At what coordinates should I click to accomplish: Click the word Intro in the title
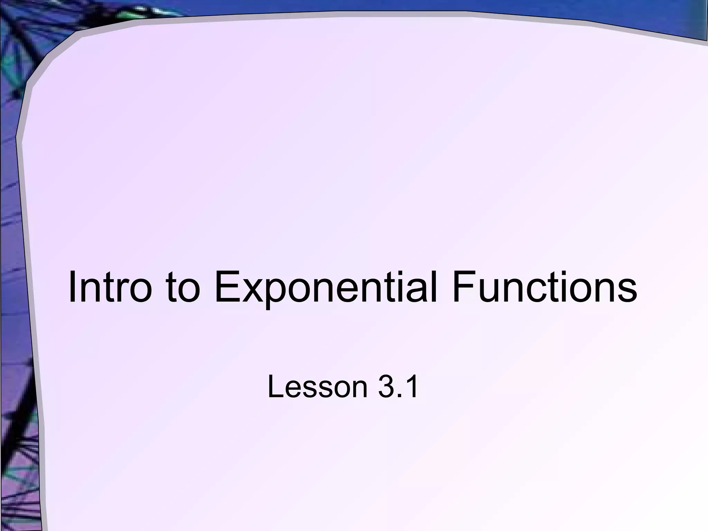[x=110, y=287]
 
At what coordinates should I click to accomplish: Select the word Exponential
[x=325, y=287]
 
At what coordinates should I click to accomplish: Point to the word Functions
[x=544, y=287]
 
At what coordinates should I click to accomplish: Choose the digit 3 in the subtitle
[x=386, y=387]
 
